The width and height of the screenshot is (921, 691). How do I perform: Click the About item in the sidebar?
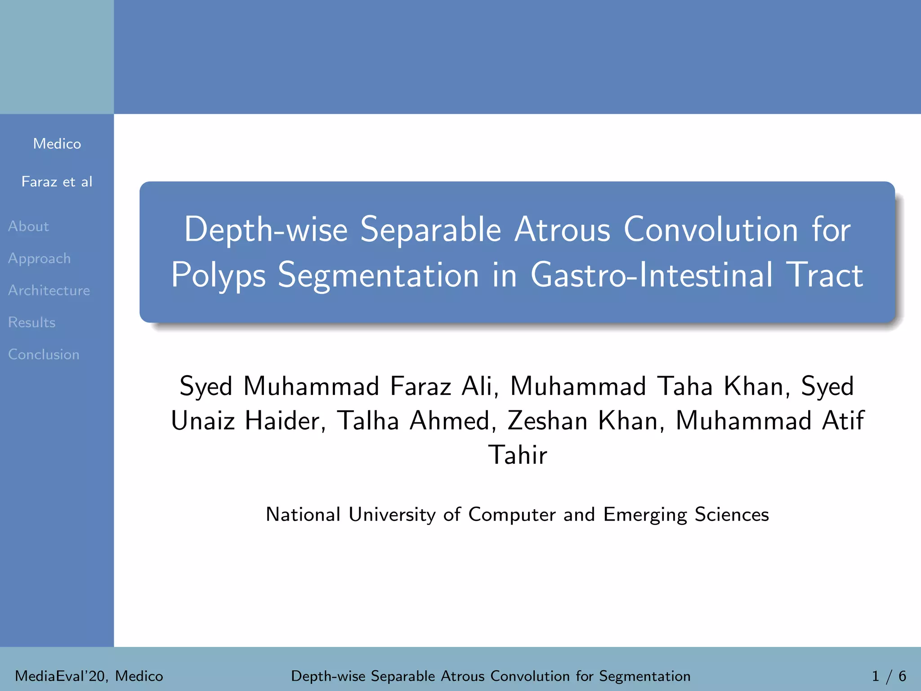(28, 226)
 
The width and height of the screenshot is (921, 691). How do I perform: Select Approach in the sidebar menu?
(40, 259)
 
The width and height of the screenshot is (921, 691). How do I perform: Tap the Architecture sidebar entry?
(49, 291)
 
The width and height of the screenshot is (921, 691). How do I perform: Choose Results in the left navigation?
(32, 323)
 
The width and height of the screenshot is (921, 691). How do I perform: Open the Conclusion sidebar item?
(44, 354)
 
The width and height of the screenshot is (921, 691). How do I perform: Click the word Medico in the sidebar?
(57, 144)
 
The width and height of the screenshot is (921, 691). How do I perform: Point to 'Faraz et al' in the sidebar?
(57, 182)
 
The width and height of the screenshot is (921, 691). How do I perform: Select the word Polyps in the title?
(219, 275)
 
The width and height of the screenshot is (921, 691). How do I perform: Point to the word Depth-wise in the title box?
(266, 229)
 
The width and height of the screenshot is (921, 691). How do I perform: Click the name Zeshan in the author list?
(547, 421)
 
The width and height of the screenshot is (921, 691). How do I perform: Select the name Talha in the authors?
(368, 421)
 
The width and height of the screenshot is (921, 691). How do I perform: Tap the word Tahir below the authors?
(518, 455)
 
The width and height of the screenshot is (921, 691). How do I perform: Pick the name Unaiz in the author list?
(203, 421)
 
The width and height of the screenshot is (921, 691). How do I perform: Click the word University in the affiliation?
(392, 515)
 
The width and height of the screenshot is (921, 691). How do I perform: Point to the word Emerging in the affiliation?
(645, 515)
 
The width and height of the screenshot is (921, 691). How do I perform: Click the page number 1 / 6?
(889, 676)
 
